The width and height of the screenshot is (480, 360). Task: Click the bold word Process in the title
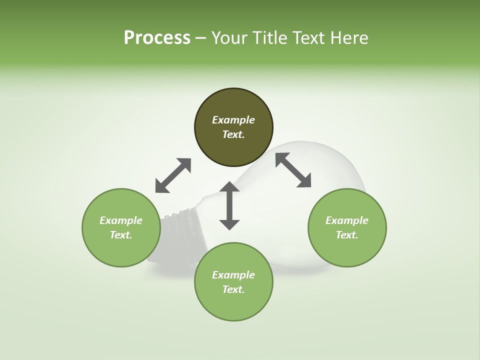pos(157,38)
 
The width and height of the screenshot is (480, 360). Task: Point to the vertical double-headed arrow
pos(229,205)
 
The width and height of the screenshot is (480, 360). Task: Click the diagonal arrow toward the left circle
pos(173,175)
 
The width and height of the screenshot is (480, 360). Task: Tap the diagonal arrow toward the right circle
pos(293,170)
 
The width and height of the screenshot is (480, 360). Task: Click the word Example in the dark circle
pos(233,120)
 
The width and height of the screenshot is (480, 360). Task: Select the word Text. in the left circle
pos(121,235)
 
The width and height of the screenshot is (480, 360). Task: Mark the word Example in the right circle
pos(347,220)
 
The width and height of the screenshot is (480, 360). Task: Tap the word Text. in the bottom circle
pos(233,289)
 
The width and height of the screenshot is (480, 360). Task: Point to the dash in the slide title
pos(200,38)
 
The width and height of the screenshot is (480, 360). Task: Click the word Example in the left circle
pos(121,220)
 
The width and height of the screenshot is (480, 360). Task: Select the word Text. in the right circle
pos(347,235)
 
